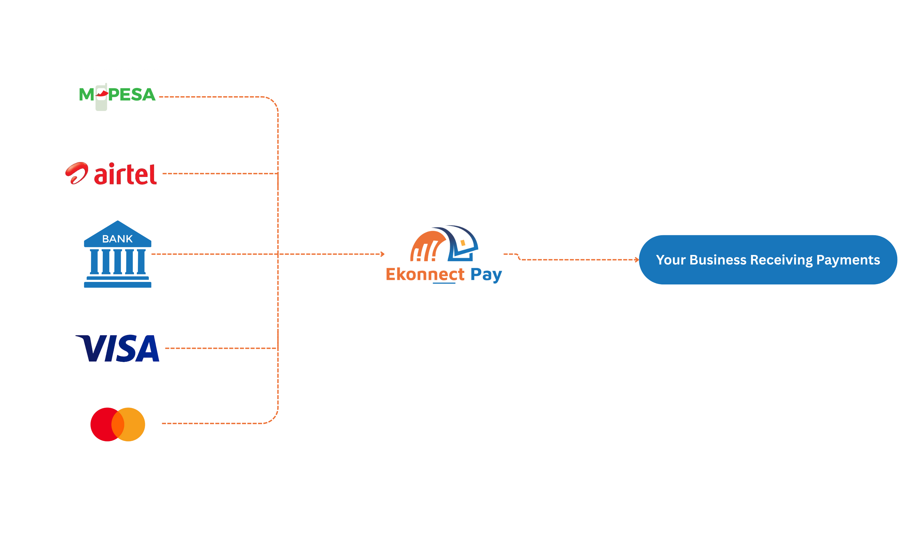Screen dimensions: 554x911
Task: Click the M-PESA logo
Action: click(x=117, y=95)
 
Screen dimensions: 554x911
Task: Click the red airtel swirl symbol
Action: click(x=77, y=173)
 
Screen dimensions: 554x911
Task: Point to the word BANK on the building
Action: click(x=117, y=239)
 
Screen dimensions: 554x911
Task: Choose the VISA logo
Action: click(x=118, y=348)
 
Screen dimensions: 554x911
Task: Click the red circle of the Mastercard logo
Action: click(x=103, y=424)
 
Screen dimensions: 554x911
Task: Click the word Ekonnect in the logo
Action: click(x=425, y=275)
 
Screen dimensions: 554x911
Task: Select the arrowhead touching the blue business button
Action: click(x=637, y=260)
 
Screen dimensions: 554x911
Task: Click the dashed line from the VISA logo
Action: click(x=220, y=348)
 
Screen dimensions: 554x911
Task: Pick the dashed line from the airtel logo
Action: click(x=220, y=174)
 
